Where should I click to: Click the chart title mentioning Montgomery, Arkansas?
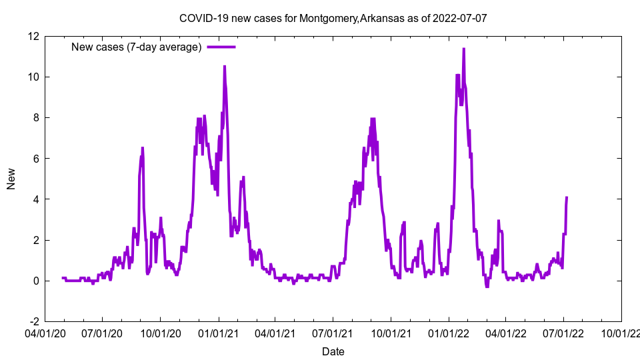point(333,18)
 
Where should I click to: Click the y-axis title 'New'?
point(11,179)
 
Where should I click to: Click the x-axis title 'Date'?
point(333,351)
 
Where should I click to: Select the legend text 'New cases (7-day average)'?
point(136,47)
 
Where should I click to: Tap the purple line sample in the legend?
point(221,47)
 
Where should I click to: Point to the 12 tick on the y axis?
point(33,36)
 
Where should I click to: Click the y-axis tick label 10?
point(33,77)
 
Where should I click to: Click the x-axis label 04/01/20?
point(45,331)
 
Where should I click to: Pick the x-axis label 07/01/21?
point(333,331)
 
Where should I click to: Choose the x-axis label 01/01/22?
point(448,331)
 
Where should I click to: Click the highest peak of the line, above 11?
point(463,49)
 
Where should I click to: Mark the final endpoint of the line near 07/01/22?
point(567,197)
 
